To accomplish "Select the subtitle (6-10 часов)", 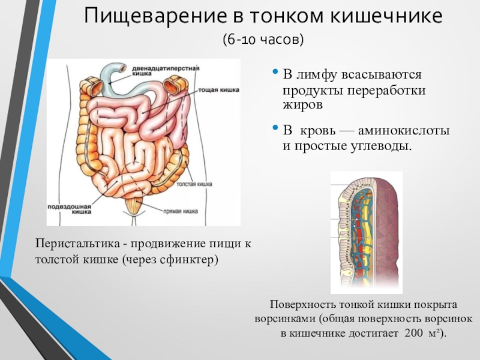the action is tap(264, 40).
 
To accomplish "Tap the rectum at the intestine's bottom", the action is tap(137, 208).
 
